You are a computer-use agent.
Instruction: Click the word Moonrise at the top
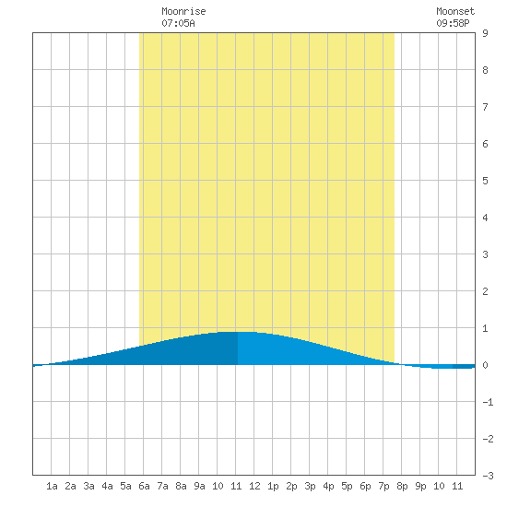pos(183,11)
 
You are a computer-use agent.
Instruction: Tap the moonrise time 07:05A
pos(178,23)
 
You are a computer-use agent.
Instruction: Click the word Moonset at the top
pos(455,11)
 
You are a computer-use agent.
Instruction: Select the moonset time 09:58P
pos(453,23)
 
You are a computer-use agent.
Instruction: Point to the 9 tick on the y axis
pos(485,33)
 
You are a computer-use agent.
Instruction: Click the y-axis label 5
pos(485,181)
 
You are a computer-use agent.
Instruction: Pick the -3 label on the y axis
pos(488,476)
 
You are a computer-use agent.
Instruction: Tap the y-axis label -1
pos(488,402)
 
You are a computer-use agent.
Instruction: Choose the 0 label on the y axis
pos(485,365)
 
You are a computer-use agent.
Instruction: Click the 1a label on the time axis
pos(52,486)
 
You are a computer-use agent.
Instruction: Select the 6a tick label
pos(144,486)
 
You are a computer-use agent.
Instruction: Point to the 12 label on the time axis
pos(254,486)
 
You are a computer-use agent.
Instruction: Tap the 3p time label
pos(310,486)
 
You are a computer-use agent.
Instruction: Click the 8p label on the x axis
pos(402,486)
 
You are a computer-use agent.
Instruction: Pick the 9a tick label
pos(199,486)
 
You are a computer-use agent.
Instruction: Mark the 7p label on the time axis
pos(383,486)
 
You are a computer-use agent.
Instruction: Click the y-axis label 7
pos(485,107)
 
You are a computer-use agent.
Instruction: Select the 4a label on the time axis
pos(107,486)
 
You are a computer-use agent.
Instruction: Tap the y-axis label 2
pos(485,291)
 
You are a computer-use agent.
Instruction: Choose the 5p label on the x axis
pos(347,486)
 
